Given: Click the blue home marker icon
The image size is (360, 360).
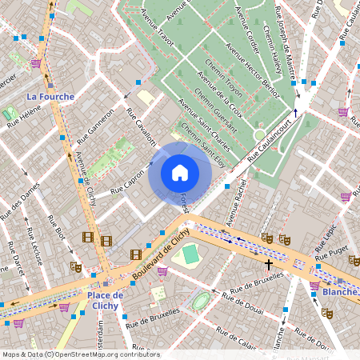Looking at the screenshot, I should click(x=180, y=173).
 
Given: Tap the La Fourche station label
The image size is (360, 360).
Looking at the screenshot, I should click(x=50, y=97).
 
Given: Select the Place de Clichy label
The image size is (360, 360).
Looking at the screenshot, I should click(x=105, y=300).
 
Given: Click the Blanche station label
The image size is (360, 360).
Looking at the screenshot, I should click(x=340, y=293).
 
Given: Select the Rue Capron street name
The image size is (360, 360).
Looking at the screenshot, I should click(x=127, y=182).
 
